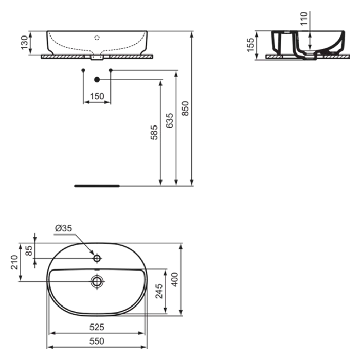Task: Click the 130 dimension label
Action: (x=24, y=43)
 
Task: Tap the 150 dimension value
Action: (x=97, y=96)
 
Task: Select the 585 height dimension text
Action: (x=154, y=133)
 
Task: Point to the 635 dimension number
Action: (x=170, y=120)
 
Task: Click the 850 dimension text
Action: (x=185, y=109)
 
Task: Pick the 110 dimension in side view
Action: (x=304, y=19)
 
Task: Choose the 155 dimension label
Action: (x=250, y=45)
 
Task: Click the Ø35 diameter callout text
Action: (x=64, y=228)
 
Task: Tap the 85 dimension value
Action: (x=29, y=251)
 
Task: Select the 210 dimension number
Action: (x=14, y=262)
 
